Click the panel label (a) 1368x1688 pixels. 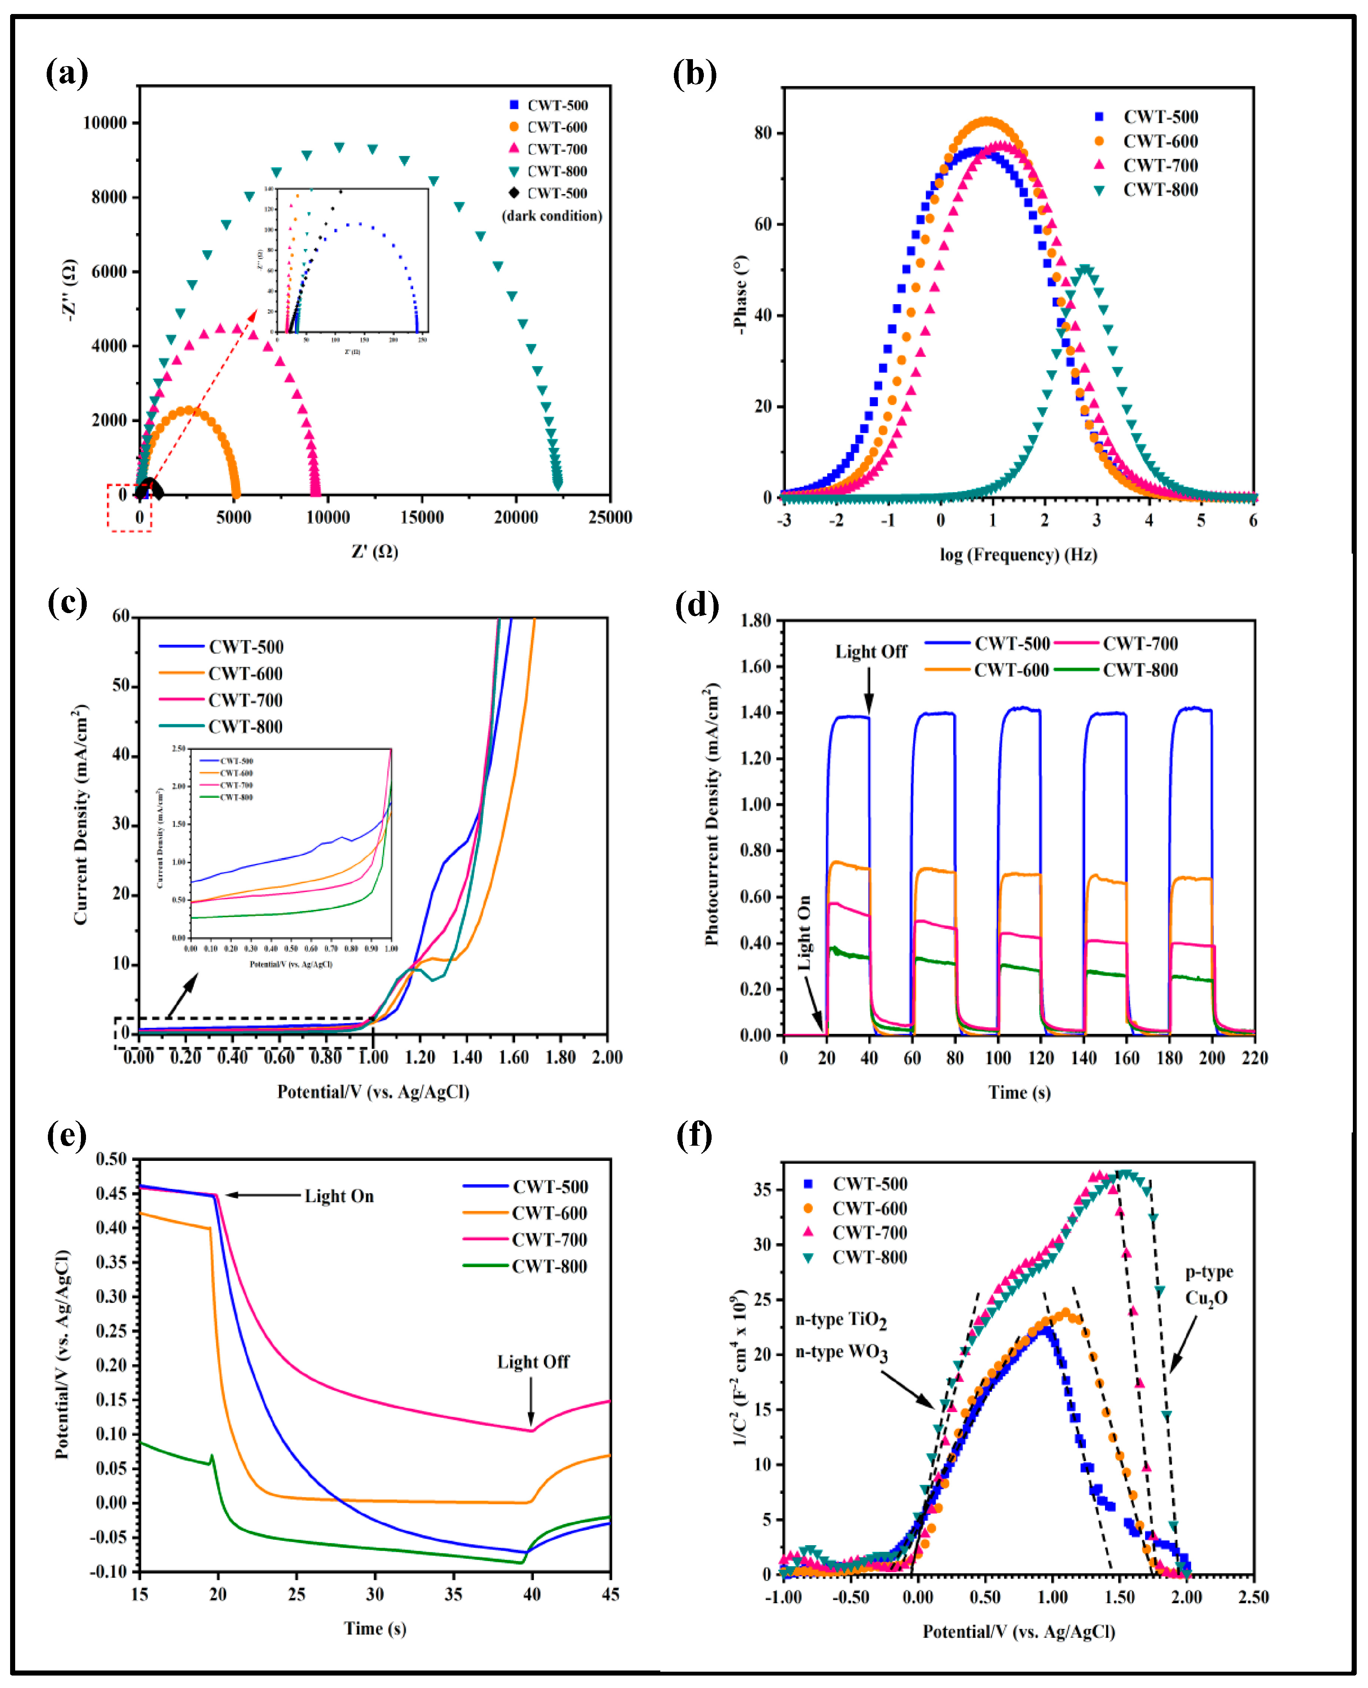67,74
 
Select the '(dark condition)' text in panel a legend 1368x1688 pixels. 552,216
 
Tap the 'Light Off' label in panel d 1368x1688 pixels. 871,652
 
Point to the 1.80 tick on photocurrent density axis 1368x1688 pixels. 755,620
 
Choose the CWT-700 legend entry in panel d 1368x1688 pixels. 1140,644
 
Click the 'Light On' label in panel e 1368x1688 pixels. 339,1196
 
